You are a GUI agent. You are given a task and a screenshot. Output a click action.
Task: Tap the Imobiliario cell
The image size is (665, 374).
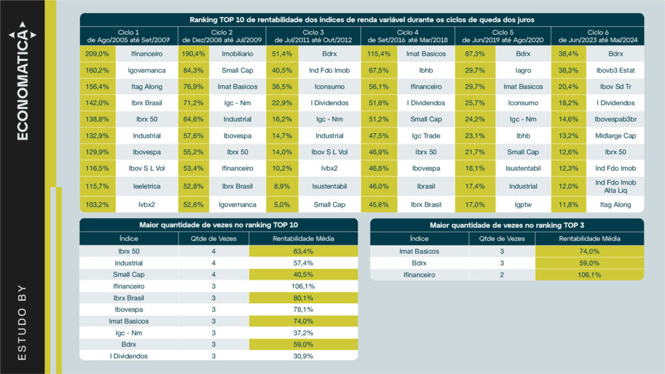pyautogui.click(x=238, y=54)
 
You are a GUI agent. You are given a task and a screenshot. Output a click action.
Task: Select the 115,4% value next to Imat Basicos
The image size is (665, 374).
pyautogui.click(x=377, y=54)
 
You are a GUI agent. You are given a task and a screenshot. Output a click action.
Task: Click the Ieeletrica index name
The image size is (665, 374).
pyautogui.click(x=145, y=186)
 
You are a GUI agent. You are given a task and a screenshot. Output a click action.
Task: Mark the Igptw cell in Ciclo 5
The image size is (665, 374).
pyautogui.click(x=523, y=205)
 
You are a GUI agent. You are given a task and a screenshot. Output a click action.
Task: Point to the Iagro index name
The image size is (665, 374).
pyautogui.click(x=523, y=70)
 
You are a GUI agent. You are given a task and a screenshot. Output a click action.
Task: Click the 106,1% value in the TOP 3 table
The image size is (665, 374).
pyautogui.click(x=590, y=275)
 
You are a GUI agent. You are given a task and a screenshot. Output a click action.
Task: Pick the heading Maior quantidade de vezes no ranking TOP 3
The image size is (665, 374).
pyautogui.click(x=507, y=225)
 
